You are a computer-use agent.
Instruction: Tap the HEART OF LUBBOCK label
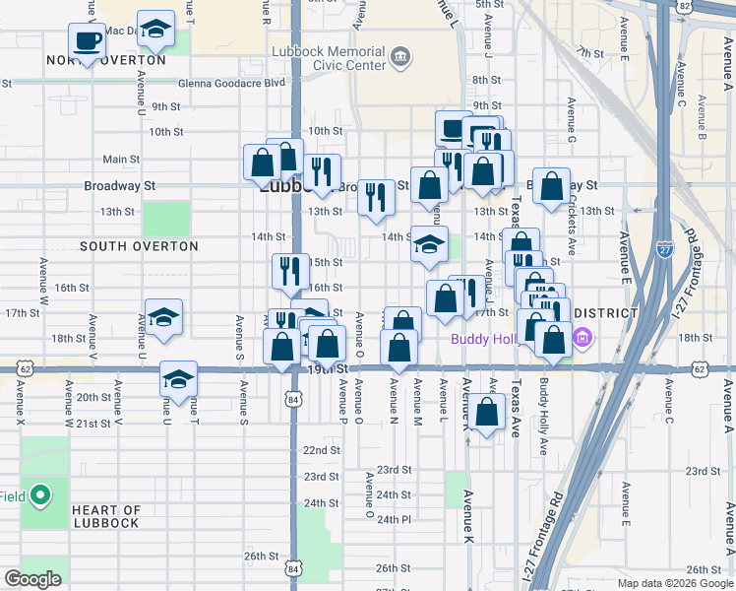coord(106,516)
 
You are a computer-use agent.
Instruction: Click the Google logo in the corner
coord(32,579)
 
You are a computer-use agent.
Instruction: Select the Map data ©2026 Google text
coord(675,583)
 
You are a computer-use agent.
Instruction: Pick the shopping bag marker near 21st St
coord(487,413)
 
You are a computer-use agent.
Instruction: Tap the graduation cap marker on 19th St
coord(178,380)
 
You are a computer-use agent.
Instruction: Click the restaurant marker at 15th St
coord(289,272)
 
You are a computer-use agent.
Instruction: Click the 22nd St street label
coord(321,449)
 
